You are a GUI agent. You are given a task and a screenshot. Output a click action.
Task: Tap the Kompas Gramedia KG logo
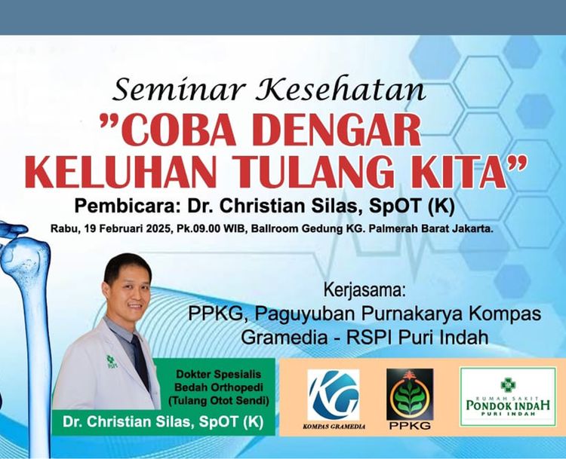coord(334,399)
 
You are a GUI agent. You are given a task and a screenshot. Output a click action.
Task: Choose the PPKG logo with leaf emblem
coord(410,399)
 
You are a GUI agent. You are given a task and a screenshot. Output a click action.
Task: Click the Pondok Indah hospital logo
coord(508,396)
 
